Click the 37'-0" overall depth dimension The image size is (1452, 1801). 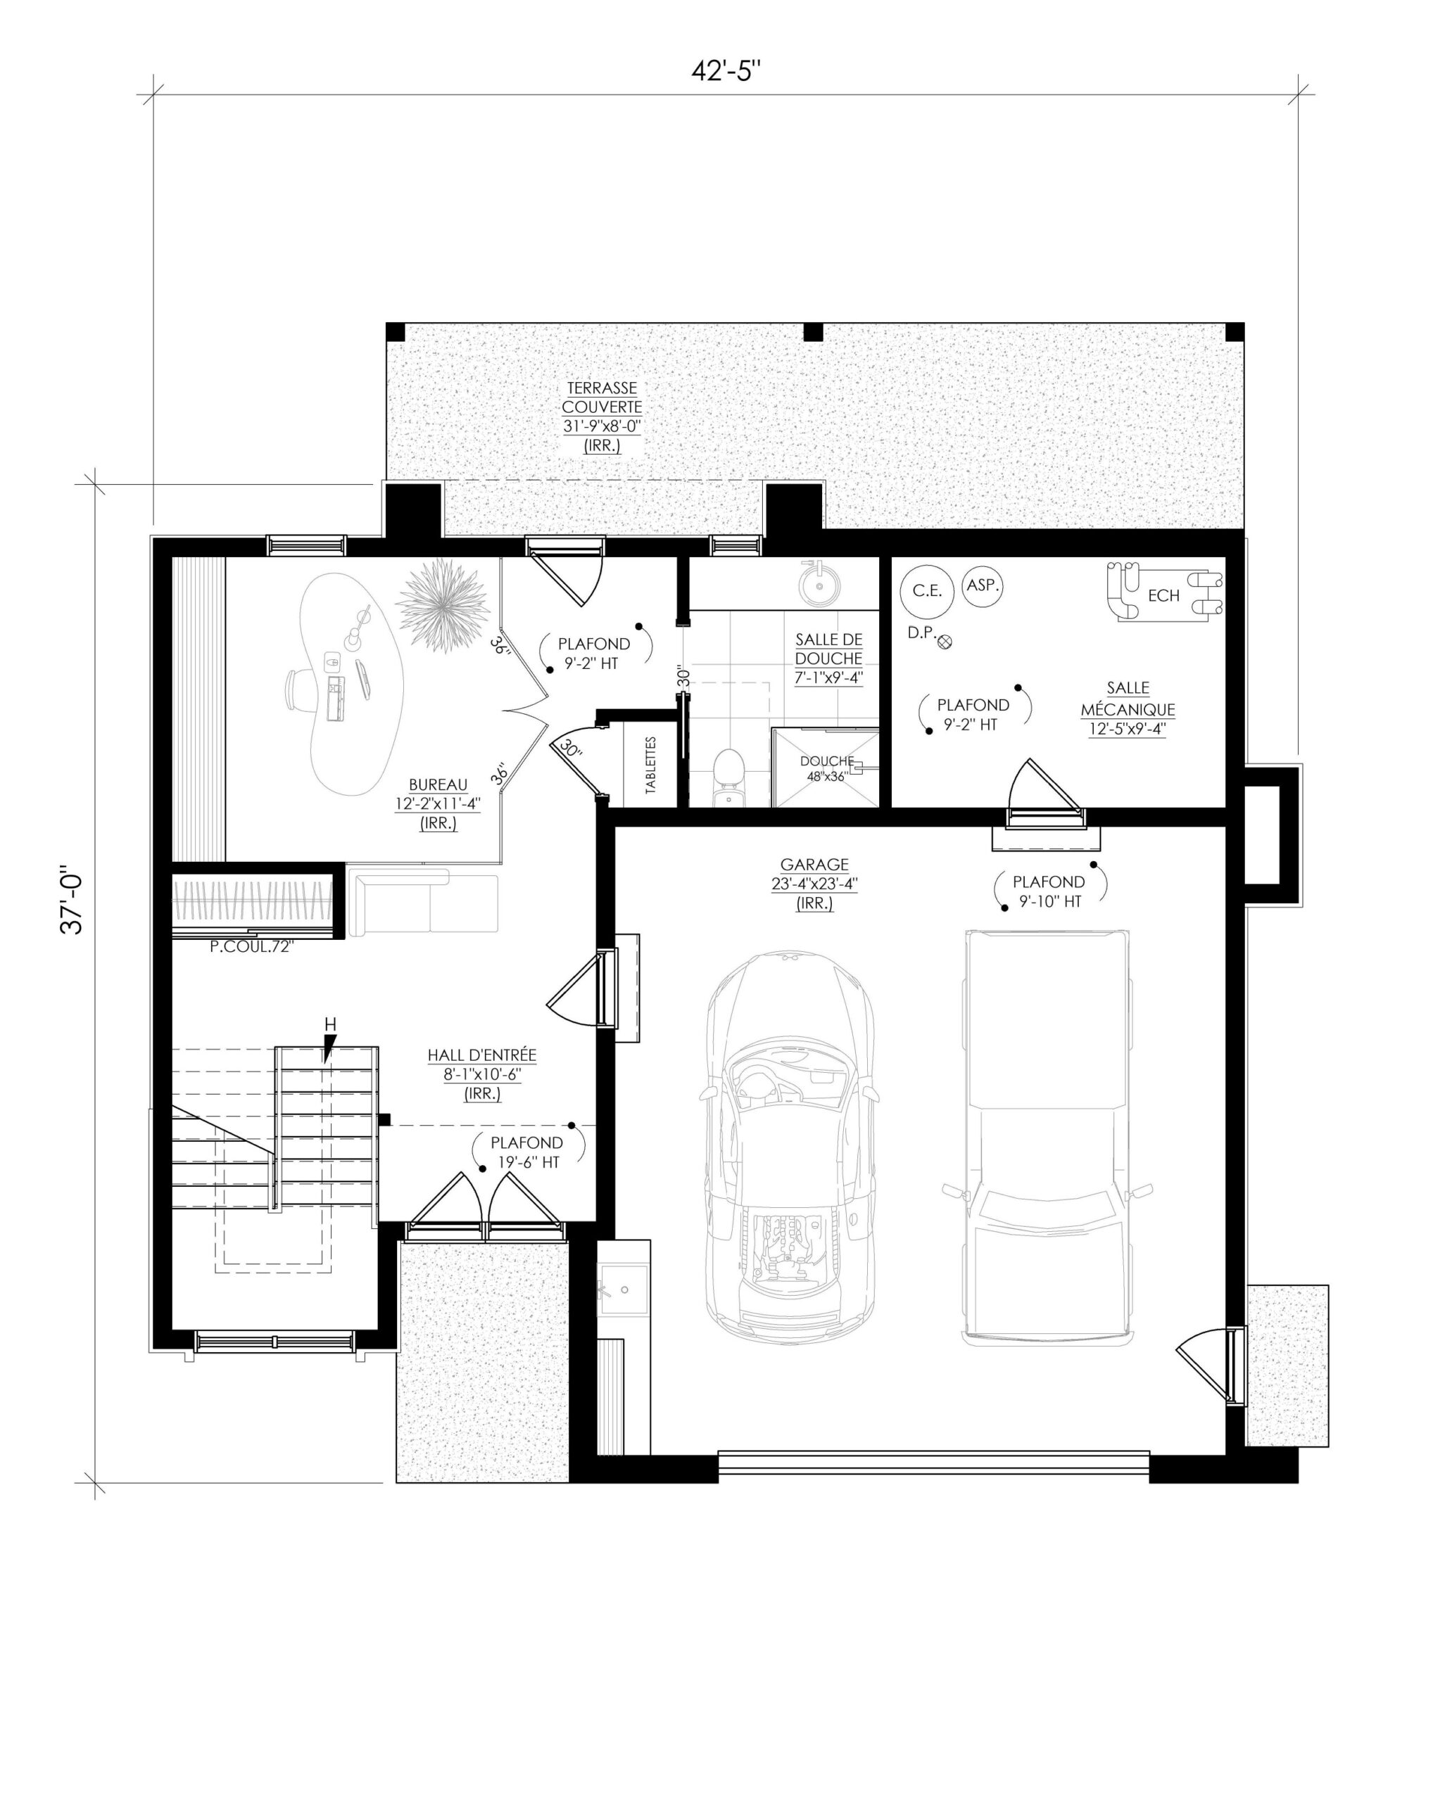pyautogui.click(x=74, y=903)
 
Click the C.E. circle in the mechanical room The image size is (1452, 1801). pyautogui.click(x=927, y=591)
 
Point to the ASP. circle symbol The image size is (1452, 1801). pyautogui.click(x=983, y=585)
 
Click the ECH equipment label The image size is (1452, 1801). pyautogui.click(x=1163, y=596)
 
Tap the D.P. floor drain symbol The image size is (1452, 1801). pyautogui.click(x=946, y=642)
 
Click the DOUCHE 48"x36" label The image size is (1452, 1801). pyautogui.click(x=826, y=768)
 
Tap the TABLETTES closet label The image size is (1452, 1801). pyautogui.click(x=651, y=764)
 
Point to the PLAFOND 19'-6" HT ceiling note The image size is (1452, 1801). pyautogui.click(x=527, y=1152)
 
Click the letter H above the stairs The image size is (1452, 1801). pyautogui.click(x=330, y=1025)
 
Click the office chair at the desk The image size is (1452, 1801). pyautogui.click(x=297, y=691)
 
